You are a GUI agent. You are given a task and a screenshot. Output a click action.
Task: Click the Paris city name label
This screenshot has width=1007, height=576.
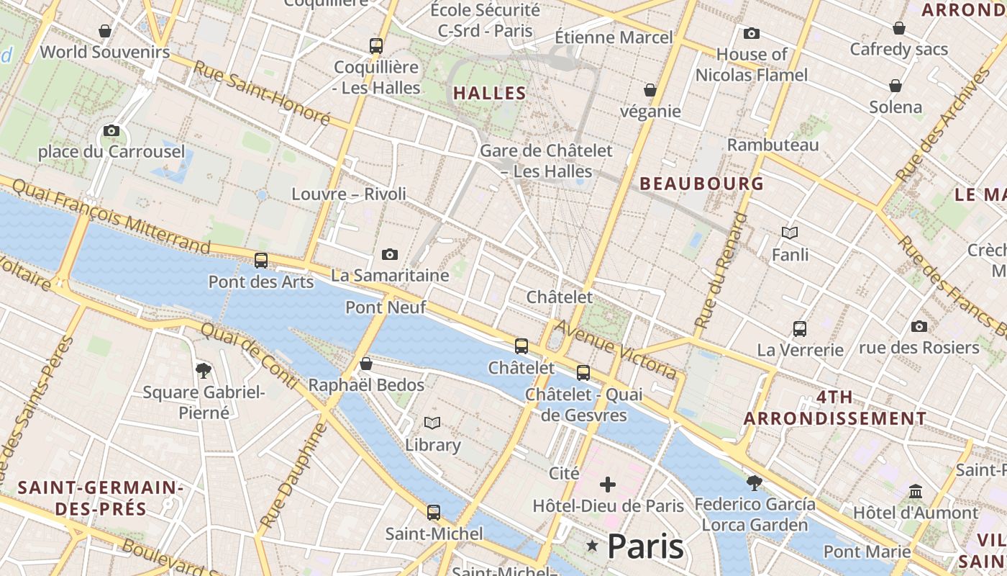click(645, 546)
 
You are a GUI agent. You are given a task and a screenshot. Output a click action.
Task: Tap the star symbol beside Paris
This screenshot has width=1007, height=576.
click(593, 546)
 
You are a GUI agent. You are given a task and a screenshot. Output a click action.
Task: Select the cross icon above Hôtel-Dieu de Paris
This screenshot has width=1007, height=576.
click(608, 484)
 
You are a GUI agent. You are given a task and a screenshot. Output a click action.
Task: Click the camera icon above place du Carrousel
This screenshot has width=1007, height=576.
click(111, 130)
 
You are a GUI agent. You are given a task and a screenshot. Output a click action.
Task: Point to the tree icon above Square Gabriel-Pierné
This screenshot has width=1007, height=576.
click(204, 371)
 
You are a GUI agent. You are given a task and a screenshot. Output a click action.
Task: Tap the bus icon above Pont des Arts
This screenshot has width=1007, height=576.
click(261, 261)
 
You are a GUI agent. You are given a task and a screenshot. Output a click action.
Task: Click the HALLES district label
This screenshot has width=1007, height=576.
click(490, 93)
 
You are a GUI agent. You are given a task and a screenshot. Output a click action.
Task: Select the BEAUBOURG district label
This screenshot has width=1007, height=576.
click(701, 184)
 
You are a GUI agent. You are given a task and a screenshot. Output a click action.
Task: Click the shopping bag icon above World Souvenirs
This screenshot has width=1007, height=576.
click(105, 30)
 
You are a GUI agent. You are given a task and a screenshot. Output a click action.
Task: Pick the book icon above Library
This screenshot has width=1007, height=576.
click(432, 423)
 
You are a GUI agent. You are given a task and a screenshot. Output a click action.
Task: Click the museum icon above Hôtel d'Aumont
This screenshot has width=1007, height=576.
click(916, 491)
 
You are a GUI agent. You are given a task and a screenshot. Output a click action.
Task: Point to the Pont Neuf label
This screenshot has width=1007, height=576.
click(386, 307)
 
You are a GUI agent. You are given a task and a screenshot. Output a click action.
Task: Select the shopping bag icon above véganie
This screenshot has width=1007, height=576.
click(650, 90)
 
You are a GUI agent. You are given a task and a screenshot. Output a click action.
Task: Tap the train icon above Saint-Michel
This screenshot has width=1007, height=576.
click(434, 513)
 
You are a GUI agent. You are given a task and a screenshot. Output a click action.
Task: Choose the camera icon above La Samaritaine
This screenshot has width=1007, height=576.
click(390, 254)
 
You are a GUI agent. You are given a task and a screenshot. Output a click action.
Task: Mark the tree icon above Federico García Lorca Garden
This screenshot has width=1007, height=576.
click(755, 482)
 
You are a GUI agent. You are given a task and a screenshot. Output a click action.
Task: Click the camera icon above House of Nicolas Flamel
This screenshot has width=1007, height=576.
click(752, 33)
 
